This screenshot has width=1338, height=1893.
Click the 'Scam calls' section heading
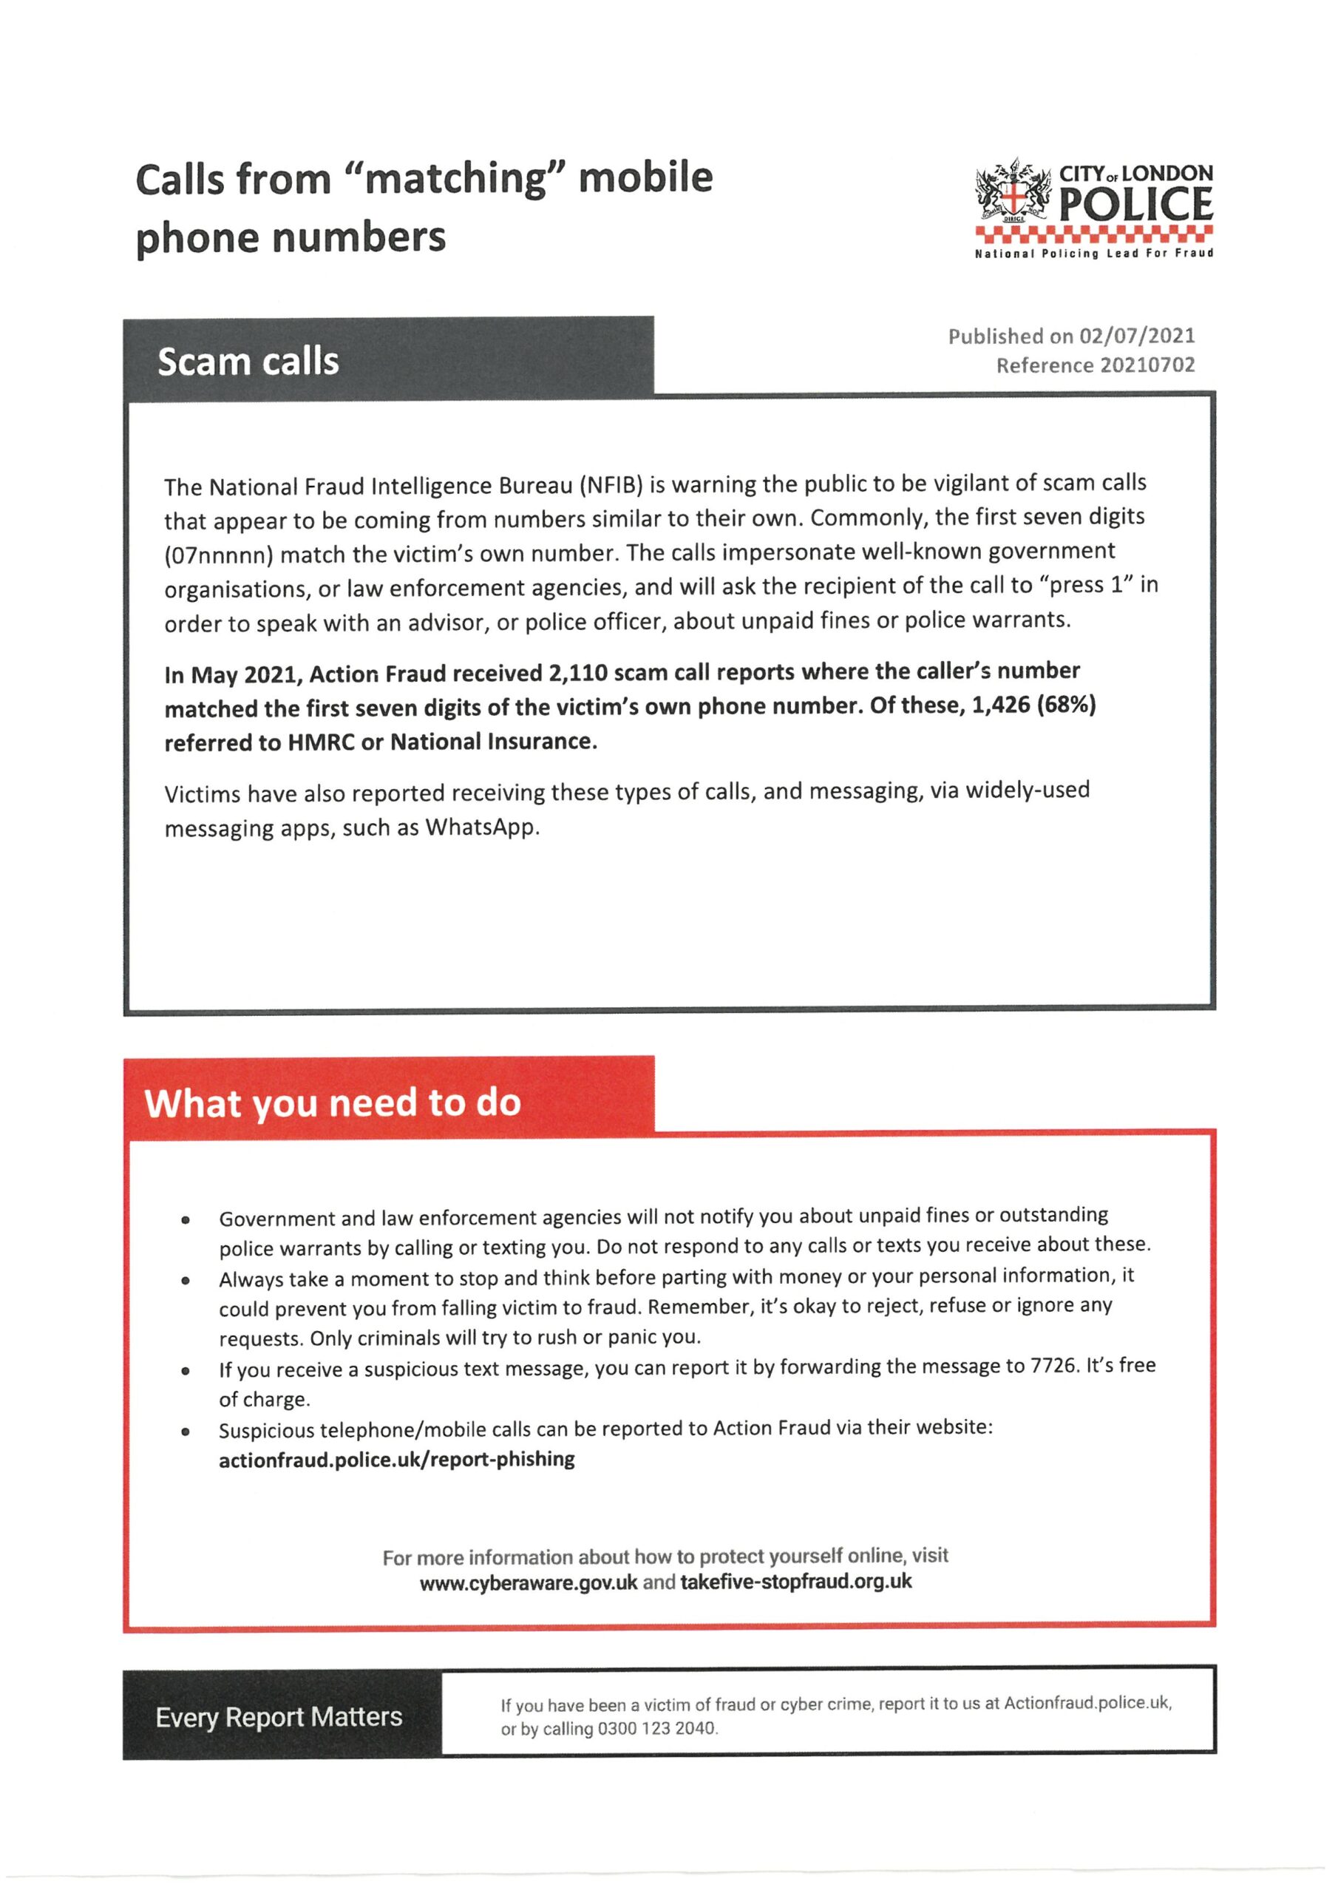248,362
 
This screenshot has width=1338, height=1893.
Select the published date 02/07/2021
1137,336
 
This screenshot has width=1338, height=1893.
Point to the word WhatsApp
481,827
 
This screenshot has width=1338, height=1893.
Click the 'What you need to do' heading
333,1103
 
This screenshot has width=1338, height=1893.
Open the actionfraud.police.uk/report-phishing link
396,1460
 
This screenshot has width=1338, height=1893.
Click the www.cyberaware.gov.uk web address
529,1583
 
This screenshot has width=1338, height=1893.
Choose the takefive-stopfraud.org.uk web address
795,1582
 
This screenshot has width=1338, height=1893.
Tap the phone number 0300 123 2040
657,1728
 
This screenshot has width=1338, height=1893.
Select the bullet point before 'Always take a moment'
186,1281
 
